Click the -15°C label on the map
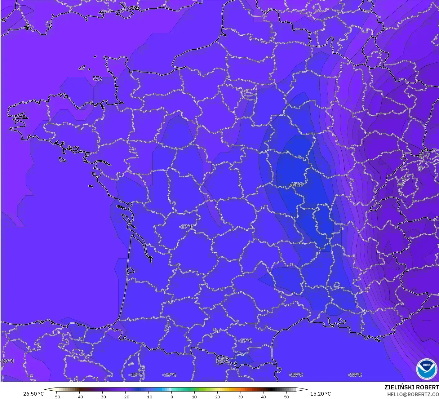(x=296, y=184)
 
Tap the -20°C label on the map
(x=7, y=361)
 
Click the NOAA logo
(x=426, y=369)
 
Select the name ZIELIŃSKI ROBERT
(x=411, y=387)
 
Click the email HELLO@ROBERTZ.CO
(x=413, y=394)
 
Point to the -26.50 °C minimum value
(x=32, y=394)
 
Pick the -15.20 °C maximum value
(x=319, y=394)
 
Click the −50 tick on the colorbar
(x=56, y=397)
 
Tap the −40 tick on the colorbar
(x=79, y=397)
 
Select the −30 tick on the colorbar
(x=102, y=397)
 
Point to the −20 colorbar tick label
(x=125, y=397)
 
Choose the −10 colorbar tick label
(x=148, y=397)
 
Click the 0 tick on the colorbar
(x=171, y=397)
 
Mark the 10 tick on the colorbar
(x=194, y=397)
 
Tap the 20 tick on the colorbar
(x=217, y=397)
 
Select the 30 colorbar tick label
(x=240, y=397)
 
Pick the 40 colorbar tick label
(x=263, y=397)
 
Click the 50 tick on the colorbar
(x=286, y=397)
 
